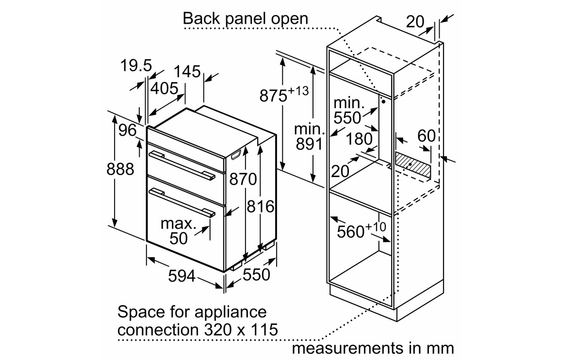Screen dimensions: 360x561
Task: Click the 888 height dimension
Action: coord(120,169)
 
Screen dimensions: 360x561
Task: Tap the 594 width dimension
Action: coord(181,276)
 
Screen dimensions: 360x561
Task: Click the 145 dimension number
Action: coord(187,71)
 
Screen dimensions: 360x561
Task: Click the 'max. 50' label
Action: coord(179,231)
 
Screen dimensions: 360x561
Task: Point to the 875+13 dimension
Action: coord(284,94)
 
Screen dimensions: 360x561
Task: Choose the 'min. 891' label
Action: coord(309,136)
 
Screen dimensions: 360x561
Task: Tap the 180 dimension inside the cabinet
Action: coord(360,139)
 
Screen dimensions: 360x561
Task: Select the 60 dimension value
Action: coord(427,136)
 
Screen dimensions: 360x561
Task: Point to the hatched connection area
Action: coord(413,164)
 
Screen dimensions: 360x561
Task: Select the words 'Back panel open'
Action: coord(245,18)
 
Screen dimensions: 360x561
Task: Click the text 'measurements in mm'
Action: coord(373,347)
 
